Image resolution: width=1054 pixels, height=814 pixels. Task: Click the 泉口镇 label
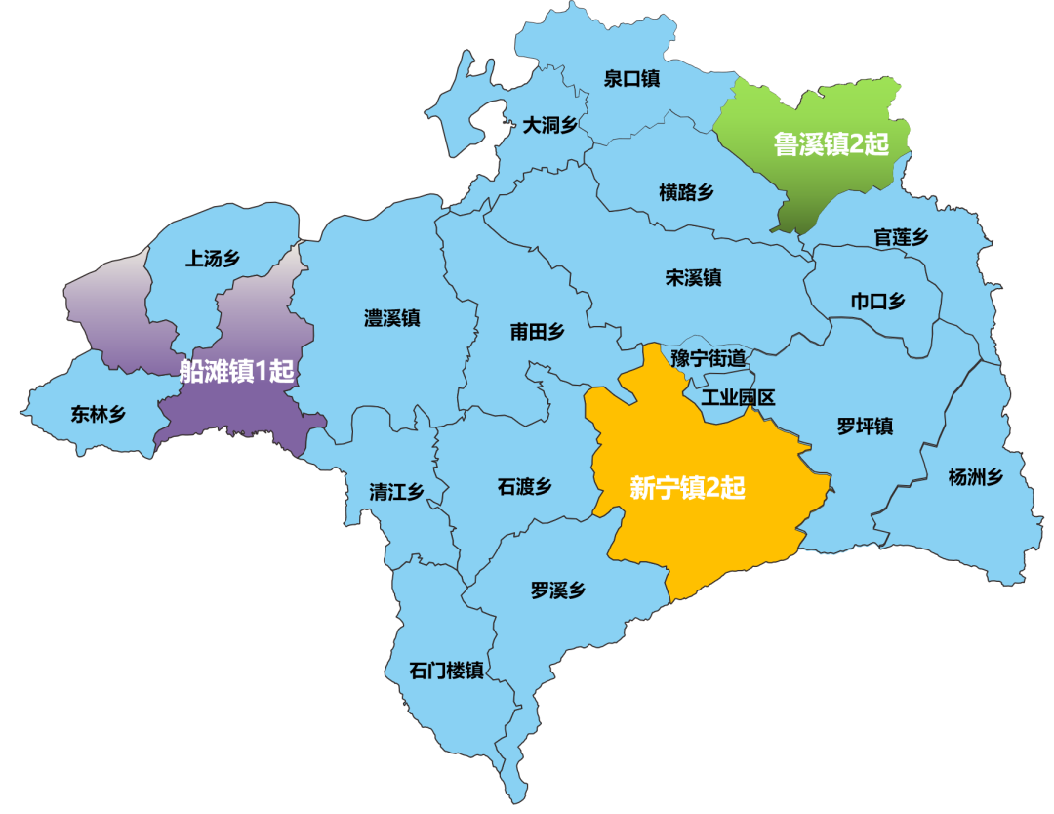pos(631,79)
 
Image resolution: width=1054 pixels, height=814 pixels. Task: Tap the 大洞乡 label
pos(550,125)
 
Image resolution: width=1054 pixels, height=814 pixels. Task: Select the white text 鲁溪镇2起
pos(831,145)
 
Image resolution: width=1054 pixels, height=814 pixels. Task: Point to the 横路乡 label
pos(686,192)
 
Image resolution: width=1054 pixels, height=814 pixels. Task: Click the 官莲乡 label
pos(901,237)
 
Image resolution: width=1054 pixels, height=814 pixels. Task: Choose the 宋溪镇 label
pos(693,278)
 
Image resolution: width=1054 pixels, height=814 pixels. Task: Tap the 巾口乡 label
pos(877,302)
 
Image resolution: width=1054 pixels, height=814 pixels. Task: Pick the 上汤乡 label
pos(212,259)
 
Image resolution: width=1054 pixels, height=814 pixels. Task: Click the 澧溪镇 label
pos(391,318)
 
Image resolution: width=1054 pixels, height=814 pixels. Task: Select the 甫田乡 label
pos(537,332)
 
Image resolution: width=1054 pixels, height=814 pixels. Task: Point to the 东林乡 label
pos(99,414)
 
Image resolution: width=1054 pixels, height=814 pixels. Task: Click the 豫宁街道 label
pos(709,358)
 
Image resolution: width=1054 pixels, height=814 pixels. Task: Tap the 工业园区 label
pos(738,397)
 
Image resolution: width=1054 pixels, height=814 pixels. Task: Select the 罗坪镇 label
pos(865,427)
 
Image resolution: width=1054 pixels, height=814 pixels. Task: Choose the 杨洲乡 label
pos(976,477)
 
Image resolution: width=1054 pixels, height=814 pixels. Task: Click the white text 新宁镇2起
pos(687,488)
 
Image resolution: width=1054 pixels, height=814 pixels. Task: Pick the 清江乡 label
pos(396,491)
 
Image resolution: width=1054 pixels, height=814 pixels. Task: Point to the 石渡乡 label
pos(524,486)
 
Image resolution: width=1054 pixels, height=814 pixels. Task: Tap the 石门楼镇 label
pos(446,671)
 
